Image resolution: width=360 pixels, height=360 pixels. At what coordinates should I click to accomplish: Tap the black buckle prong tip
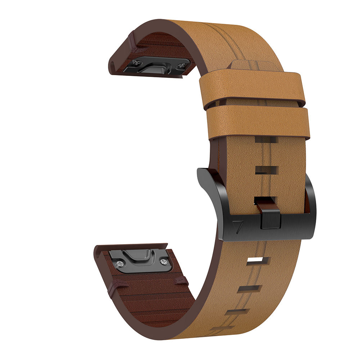[x=270, y=219]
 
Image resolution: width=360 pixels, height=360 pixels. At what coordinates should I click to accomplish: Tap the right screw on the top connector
[x=183, y=65]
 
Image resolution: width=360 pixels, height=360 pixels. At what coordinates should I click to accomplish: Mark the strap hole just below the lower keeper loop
[x=266, y=140]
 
